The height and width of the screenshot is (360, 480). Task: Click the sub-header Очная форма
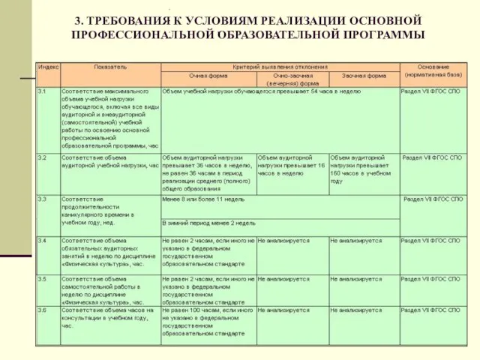pyautogui.click(x=208, y=76)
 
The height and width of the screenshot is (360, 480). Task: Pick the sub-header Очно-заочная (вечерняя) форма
pyautogui.click(x=292, y=79)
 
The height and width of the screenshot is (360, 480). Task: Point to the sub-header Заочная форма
pyautogui.click(x=364, y=76)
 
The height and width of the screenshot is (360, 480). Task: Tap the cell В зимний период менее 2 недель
pyautogui.click(x=208, y=223)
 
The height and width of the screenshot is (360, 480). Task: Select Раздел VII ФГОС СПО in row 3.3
pyautogui.click(x=433, y=199)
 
